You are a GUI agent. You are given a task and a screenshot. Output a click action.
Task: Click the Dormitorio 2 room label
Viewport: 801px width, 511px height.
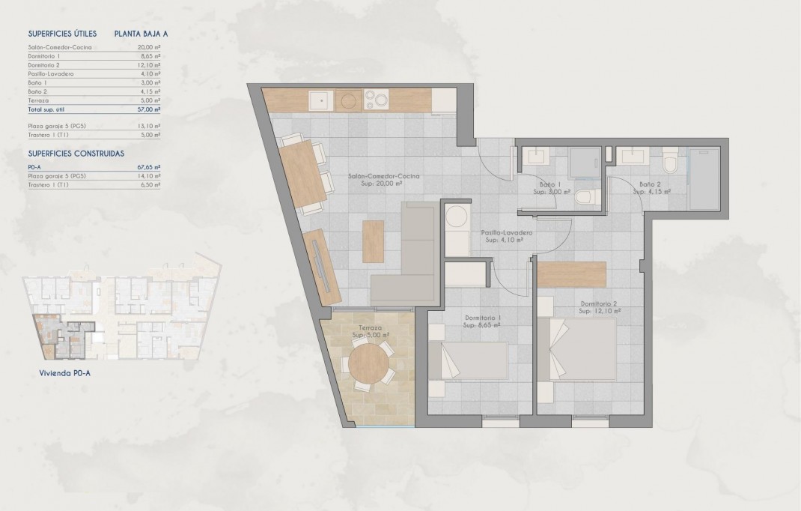[600, 306]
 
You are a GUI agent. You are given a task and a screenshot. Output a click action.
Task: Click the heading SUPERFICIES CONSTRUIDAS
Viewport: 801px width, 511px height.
[76, 153]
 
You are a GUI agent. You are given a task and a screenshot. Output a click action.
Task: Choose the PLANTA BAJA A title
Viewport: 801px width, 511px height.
[141, 34]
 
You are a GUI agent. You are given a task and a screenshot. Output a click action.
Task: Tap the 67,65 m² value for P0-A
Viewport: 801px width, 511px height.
[150, 168]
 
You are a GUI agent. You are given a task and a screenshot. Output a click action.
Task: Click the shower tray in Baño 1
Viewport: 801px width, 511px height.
[583, 160]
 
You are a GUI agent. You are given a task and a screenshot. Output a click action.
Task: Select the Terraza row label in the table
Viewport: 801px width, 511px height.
[38, 100]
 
